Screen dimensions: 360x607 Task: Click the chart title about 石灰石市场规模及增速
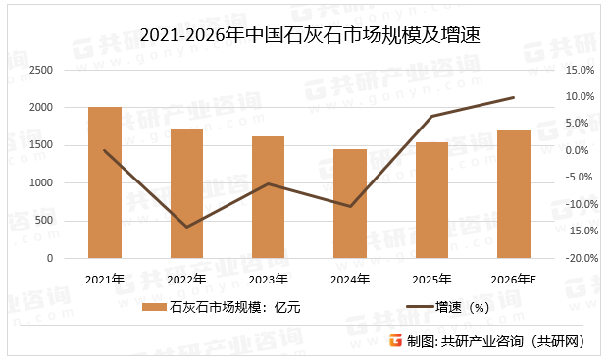[x=302, y=36]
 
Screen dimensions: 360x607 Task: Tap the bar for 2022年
[x=186, y=193]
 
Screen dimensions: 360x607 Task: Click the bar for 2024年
[x=350, y=204]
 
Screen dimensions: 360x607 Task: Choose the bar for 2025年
[x=431, y=200]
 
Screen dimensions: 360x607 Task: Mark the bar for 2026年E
[x=513, y=194]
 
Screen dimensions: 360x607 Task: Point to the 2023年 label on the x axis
[x=268, y=279]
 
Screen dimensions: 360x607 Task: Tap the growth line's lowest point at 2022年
[x=186, y=228]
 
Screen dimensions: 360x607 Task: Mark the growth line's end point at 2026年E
[x=513, y=97]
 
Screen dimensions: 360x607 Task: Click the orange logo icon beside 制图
[x=395, y=340]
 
